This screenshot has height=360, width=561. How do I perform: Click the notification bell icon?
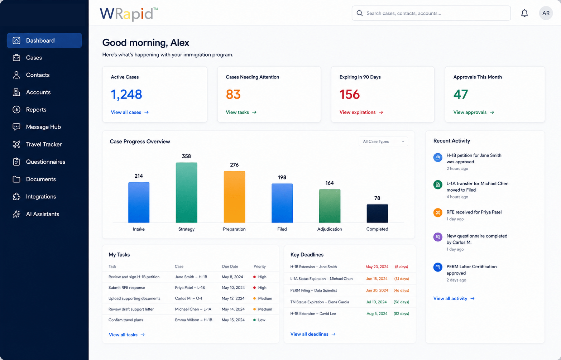click(x=524, y=13)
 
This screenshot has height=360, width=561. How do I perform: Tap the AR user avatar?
click(x=546, y=13)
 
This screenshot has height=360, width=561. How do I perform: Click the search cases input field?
click(x=431, y=13)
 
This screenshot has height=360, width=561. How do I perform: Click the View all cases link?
click(x=130, y=112)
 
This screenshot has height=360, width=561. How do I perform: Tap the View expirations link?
click(x=361, y=112)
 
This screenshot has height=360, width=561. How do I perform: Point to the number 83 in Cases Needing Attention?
click(x=233, y=94)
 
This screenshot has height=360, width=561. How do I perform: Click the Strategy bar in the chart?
click(x=186, y=192)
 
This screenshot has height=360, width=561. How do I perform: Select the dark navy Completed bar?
click(x=377, y=213)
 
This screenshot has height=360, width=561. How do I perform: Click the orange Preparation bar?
click(x=234, y=197)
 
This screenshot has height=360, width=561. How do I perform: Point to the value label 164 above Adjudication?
click(x=329, y=183)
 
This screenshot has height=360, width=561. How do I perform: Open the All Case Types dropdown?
click(x=383, y=141)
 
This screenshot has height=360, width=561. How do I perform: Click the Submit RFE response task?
click(x=126, y=288)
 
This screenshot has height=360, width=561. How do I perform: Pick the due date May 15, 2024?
click(x=233, y=320)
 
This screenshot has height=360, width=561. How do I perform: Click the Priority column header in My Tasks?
click(x=259, y=267)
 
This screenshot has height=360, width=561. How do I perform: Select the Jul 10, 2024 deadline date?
click(x=377, y=302)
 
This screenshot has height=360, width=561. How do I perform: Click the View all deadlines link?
click(x=313, y=334)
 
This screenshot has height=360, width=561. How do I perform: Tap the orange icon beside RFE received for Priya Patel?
click(x=438, y=213)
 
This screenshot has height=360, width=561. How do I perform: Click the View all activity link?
click(x=454, y=298)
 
